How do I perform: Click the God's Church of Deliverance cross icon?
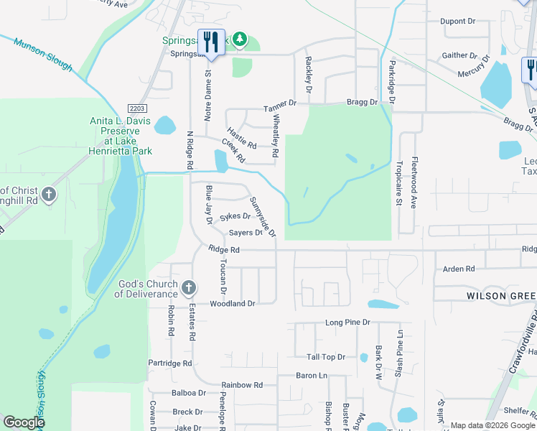tap(189, 289)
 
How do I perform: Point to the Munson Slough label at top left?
tap(43, 55)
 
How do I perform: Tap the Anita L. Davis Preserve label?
tap(119, 131)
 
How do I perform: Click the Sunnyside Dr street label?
tap(263, 216)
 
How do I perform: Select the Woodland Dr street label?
tap(233, 304)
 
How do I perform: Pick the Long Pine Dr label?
tap(347, 323)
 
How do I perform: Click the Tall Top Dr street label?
tap(326, 357)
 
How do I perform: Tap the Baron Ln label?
tap(312, 376)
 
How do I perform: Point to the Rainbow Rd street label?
tap(242, 385)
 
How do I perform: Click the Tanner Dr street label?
tap(280, 106)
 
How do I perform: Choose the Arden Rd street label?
tap(459, 269)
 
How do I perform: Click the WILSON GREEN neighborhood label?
tap(501, 296)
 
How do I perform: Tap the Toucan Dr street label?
tap(223, 277)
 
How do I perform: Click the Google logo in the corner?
tap(24, 423)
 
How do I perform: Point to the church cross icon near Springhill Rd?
tap(48, 195)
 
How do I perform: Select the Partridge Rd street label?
tap(170, 363)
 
